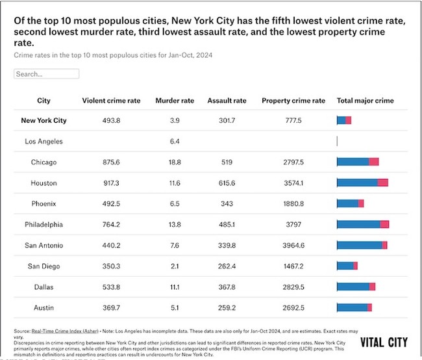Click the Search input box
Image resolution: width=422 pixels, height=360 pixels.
click(x=46, y=74)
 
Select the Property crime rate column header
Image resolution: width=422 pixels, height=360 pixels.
click(x=293, y=101)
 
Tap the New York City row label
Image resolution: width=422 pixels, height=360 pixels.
click(x=43, y=120)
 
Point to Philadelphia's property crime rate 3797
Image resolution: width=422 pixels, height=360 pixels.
click(x=293, y=224)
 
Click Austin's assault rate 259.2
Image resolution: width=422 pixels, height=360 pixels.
click(x=227, y=307)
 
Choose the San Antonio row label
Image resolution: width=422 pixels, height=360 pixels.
click(x=43, y=245)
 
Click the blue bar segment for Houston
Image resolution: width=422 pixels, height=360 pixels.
click(x=357, y=183)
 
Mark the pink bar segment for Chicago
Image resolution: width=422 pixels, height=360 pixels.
click(x=373, y=162)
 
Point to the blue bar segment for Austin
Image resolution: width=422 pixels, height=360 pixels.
click(x=352, y=307)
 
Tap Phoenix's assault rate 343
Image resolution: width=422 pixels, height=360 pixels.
click(x=227, y=203)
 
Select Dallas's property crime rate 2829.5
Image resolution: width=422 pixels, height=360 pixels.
click(x=293, y=287)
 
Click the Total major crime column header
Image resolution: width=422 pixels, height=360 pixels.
click(x=365, y=101)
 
